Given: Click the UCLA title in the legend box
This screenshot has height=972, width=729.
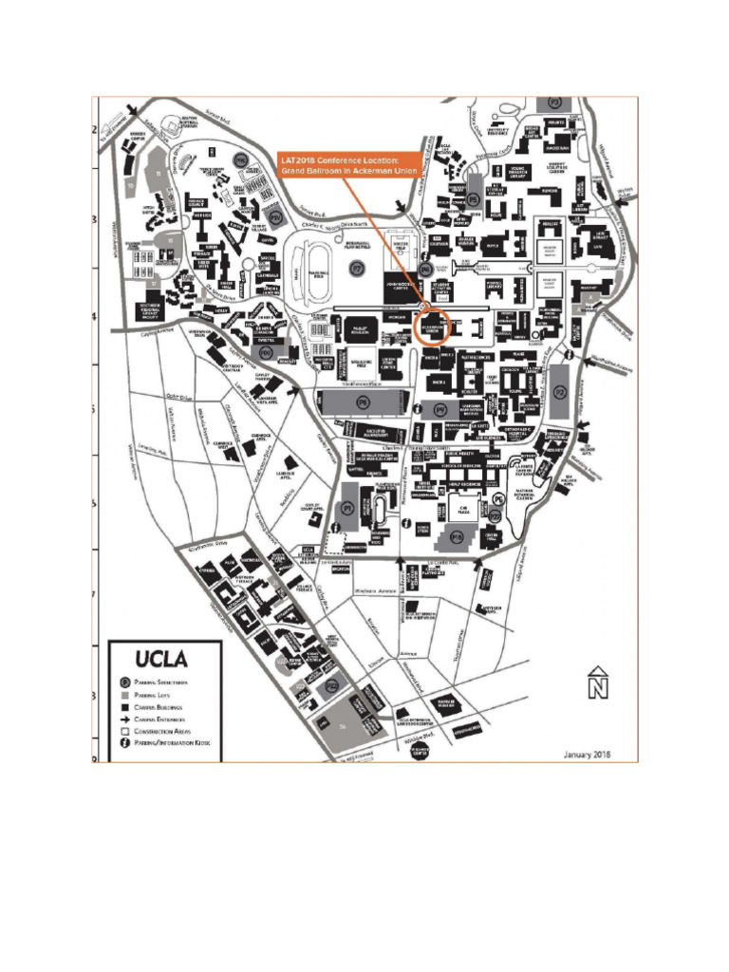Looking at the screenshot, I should tap(161, 658).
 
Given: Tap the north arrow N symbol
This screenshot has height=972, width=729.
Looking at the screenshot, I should tap(596, 682).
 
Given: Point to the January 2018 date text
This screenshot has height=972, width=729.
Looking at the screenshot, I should tap(586, 755).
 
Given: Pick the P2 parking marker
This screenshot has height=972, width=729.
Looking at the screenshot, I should tap(559, 391).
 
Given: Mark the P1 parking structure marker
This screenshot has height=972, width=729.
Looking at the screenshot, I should tap(348, 509).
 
